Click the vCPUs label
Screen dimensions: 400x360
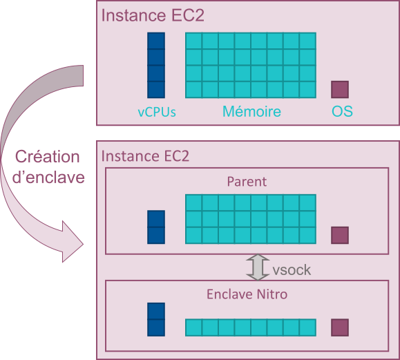click(157, 112)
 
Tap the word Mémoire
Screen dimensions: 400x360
click(251, 111)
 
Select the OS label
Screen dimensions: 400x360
click(342, 111)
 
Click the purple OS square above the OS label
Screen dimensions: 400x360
click(340, 90)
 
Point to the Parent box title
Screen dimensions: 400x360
click(247, 182)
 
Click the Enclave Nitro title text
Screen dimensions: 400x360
click(247, 294)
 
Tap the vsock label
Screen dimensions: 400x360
click(292, 270)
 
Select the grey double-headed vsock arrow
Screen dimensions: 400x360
click(258, 267)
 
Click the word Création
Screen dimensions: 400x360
click(48, 156)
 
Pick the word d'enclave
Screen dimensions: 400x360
click(48, 178)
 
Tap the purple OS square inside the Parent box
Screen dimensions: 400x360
click(340, 235)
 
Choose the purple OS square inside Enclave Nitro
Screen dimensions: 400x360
click(340, 328)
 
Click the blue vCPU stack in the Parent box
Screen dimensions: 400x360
click(156, 227)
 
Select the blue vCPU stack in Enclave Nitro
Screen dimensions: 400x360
click(156, 319)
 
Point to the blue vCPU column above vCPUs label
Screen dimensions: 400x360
click(156, 66)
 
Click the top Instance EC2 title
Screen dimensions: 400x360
click(153, 15)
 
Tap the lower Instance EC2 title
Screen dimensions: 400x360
click(145, 156)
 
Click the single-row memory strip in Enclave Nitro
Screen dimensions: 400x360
click(251, 328)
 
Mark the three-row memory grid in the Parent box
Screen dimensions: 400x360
click(251, 219)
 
